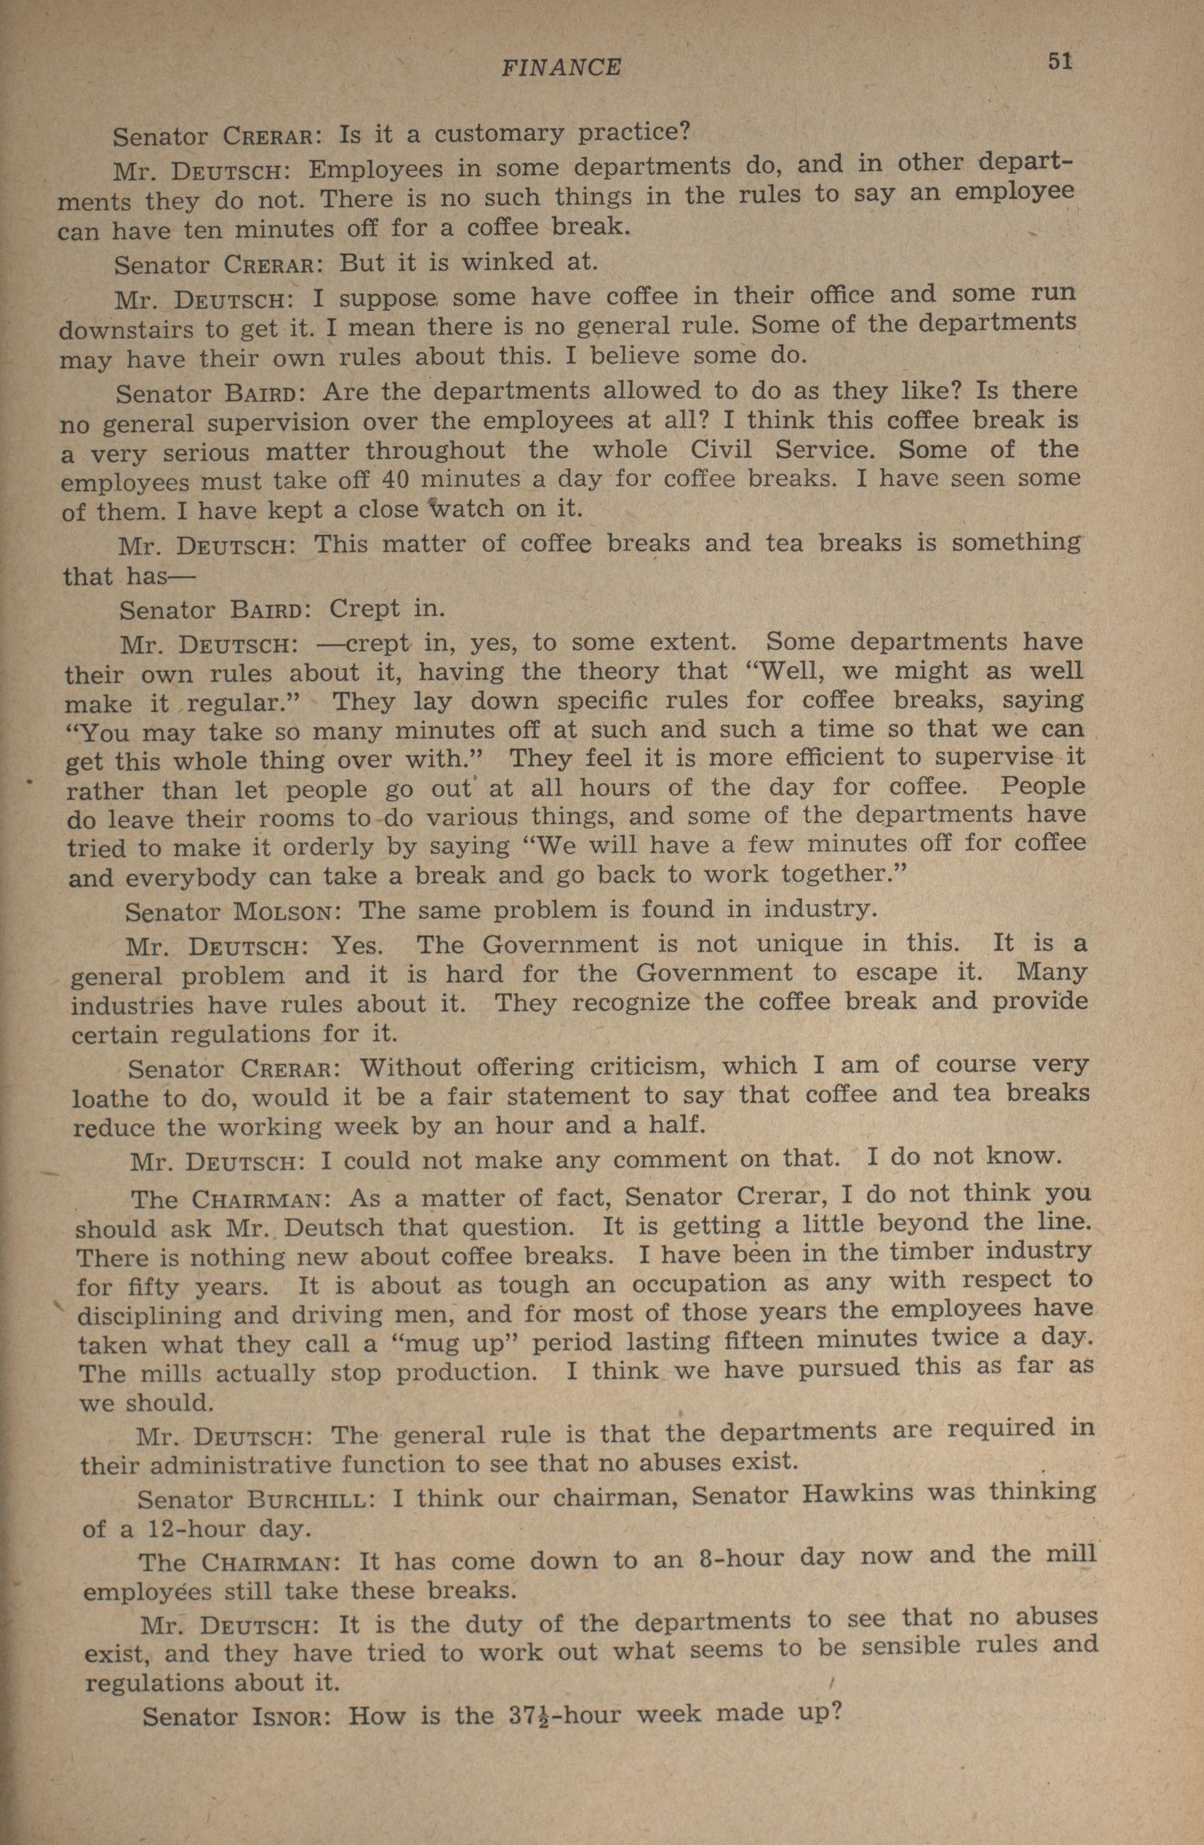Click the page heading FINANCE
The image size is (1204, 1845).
(560, 68)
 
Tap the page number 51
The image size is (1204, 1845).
(1060, 62)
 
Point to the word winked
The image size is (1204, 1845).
(507, 261)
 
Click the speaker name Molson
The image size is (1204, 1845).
(283, 910)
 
